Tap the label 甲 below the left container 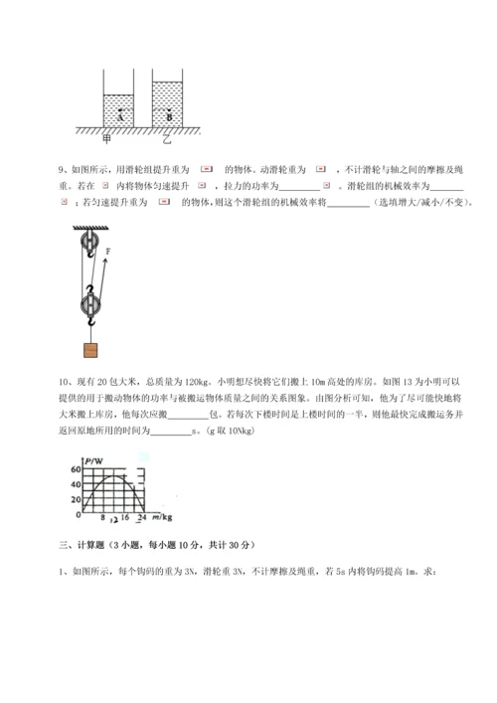pos(120,138)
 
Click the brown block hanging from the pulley pos(90,349)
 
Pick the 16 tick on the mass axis pos(125,519)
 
